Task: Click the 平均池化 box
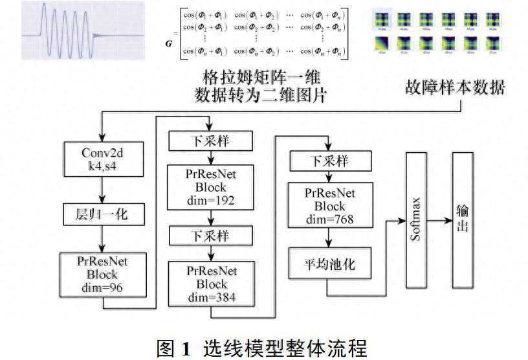(331, 264)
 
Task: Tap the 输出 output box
(462, 220)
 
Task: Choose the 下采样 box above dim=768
(331, 161)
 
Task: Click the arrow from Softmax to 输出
(440, 220)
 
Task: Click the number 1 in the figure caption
(186, 348)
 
